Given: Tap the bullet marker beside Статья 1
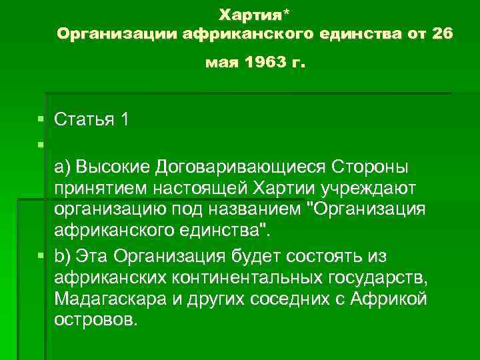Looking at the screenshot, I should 41,120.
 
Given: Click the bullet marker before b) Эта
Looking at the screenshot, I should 41,255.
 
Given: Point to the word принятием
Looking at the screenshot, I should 100,188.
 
